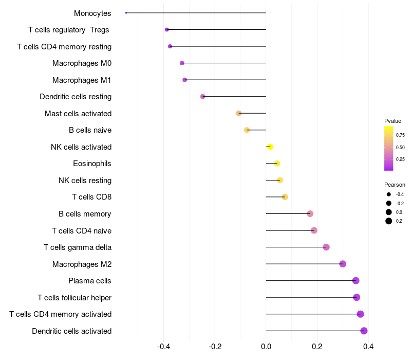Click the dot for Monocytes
pyautogui.click(x=126, y=13)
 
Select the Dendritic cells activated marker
pyautogui.click(x=364, y=331)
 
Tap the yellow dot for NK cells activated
pyautogui.click(x=270, y=147)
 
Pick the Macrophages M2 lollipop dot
pyautogui.click(x=343, y=264)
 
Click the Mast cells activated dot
pyautogui.click(x=238, y=113)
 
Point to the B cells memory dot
pyautogui.click(x=310, y=214)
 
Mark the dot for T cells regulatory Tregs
pyautogui.click(x=166, y=30)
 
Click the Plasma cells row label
pyautogui.click(x=90, y=281)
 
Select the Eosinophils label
pyautogui.click(x=92, y=164)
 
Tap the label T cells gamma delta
pyautogui.click(x=78, y=247)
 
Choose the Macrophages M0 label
pyautogui.click(x=82, y=63)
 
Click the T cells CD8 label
pyautogui.click(x=92, y=197)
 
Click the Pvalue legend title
pyautogui.click(x=393, y=121)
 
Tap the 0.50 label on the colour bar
pyautogui.click(x=400, y=148)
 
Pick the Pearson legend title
pyautogui.click(x=395, y=185)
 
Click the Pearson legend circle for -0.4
pyautogui.click(x=389, y=194)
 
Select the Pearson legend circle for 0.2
pyautogui.click(x=389, y=221)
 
